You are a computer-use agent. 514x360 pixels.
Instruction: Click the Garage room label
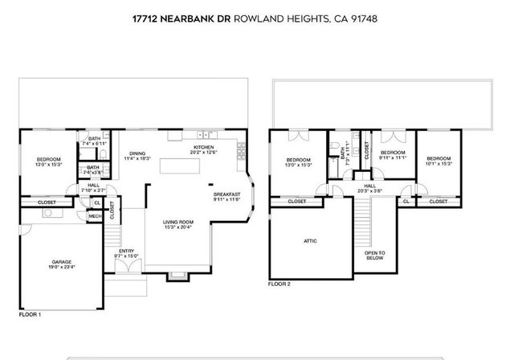61,262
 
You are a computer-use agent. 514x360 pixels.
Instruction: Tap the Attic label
309,240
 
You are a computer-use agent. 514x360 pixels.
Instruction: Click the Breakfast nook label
227,196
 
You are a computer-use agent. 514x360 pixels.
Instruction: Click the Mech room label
93,216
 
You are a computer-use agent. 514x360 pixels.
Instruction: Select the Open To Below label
374,256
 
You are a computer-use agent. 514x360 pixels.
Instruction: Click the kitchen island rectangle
178,166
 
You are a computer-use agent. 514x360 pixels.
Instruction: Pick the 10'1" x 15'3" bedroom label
439,161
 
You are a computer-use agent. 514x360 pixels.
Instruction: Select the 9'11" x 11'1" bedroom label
393,155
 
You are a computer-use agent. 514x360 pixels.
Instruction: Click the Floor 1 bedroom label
48,162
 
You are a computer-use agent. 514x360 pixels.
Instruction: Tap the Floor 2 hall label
369,188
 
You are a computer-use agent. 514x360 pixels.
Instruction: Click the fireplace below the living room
176,277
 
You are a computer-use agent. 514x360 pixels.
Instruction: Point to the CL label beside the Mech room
96,202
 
